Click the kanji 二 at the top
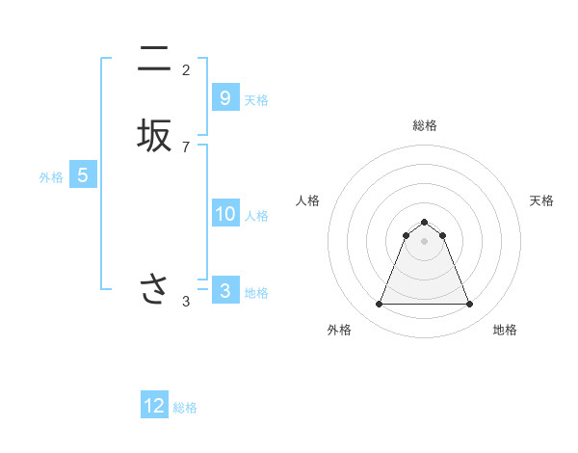[153, 60]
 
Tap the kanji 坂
[153, 136]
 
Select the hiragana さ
[153, 289]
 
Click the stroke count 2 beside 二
[186, 70]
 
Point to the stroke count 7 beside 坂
[186, 147]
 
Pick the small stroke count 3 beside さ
[186, 302]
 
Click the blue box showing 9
[224, 97]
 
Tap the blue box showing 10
[224, 214]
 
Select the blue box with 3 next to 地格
[224, 290]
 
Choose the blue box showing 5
[83, 175]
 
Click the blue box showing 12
[154, 406]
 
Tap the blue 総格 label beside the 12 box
[185, 408]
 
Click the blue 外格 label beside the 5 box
[51, 177]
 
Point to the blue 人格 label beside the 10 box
[256, 216]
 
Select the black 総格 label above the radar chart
[424, 125]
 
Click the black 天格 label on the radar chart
[541, 200]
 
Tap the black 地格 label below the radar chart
[505, 330]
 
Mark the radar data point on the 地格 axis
[469, 305]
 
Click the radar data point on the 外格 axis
[379, 305]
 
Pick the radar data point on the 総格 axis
[424, 222]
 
